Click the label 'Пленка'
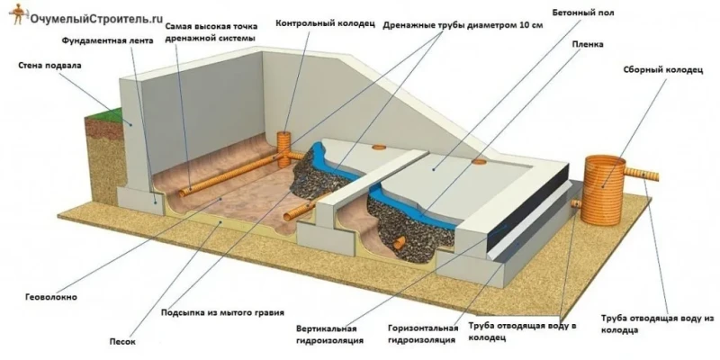589,44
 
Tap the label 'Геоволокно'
50,297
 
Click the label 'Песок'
122,341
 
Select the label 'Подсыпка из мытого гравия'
222,312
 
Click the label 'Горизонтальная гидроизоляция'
422,334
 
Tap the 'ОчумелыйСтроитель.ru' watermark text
96,18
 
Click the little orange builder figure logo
18,13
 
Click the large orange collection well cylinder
603,190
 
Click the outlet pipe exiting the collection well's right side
642,174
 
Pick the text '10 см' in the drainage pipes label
530,26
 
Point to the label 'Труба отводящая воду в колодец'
522,332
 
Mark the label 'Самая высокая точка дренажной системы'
211,31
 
